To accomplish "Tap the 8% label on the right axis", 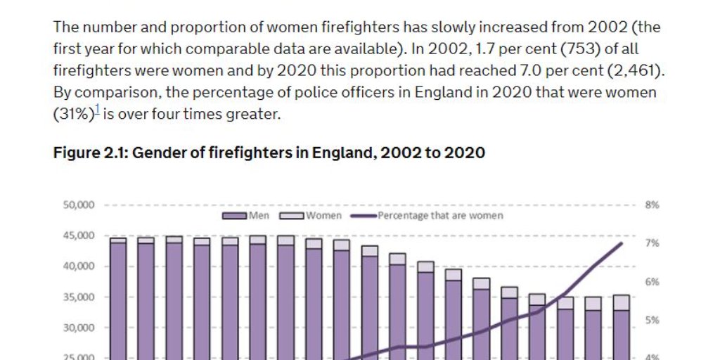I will pyautogui.click(x=651, y=205).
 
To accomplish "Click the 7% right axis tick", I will pyautogui.click(x=651, y=243).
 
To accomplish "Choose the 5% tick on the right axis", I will pyautogui.click(x=651, y=320).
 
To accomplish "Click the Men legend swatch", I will pyautogui.click(x=235, y=215).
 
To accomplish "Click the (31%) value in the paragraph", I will pyautogui.click(x=73, y=114).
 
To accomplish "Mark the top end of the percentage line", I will pyautogui.click(x=622, y=243).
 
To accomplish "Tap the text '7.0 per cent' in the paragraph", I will pyautogui.click(x=553, y=71).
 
